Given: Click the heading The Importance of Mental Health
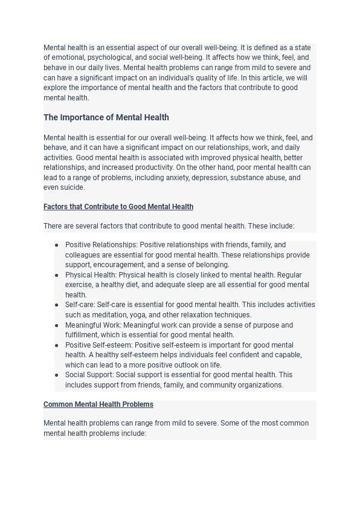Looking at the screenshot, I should (x=106, y=117).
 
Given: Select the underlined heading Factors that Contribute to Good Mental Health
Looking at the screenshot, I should (x=118, y=207).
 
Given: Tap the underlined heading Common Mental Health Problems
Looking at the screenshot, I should (x=98, y=404).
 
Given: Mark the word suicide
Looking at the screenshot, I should (x=72, y=187).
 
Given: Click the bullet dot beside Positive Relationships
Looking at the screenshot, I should (x=57, y=245).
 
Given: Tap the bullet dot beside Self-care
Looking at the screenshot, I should (x=57, y=305).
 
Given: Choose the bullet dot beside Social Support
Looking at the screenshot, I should (x=57, y=375).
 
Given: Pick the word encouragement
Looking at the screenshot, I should (x=123, y=265).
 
